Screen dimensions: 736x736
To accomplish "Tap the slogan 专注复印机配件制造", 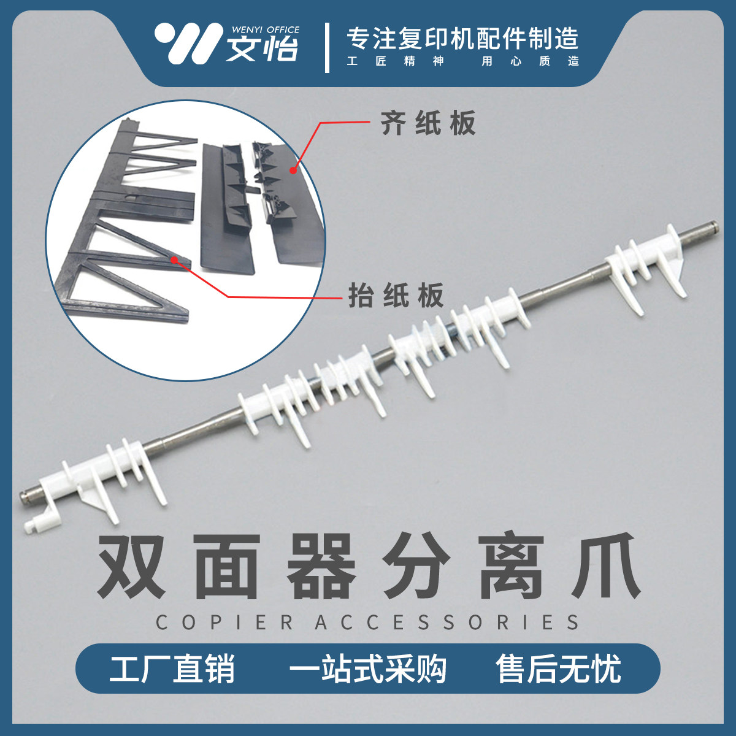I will [462, 39].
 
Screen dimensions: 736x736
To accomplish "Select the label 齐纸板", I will [428, 123].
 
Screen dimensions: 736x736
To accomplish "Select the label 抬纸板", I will [396, 296].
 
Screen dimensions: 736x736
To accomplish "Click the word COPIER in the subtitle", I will [224, 623].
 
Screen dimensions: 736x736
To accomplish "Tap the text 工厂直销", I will [172, 669].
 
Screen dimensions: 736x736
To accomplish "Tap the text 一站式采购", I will [367, 669].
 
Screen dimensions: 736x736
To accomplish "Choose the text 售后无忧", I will [559, 669].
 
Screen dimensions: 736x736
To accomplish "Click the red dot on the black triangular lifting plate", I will [174, 260].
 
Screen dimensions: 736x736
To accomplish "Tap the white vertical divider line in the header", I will [327, 47].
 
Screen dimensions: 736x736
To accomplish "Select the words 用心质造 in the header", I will [530, 61].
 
